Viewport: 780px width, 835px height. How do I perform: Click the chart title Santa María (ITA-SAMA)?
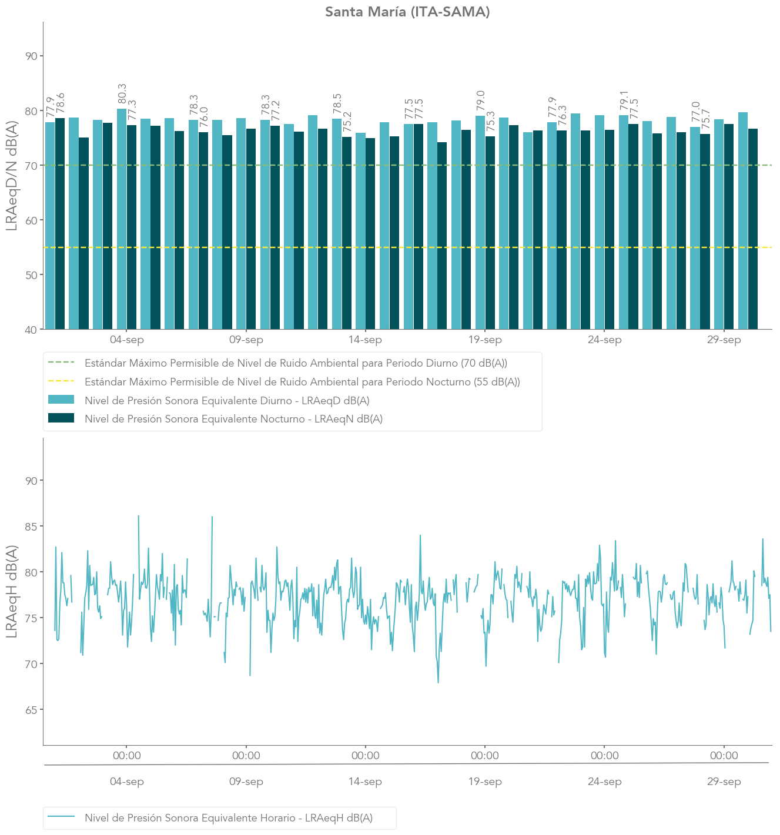[x=407, y=12]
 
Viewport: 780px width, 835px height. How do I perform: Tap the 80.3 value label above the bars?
[x=122, y=94]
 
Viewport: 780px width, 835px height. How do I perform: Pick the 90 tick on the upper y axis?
[x=31, y=56]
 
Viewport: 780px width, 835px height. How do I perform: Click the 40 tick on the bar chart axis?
[x=31, y=330]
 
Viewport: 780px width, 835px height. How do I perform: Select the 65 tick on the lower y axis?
[x=31, y=710]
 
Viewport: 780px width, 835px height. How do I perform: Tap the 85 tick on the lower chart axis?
[x=31, y=527]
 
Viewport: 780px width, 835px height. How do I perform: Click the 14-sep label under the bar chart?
[x=365, y=340]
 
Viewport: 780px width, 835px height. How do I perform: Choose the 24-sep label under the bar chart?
[x=604, y=340]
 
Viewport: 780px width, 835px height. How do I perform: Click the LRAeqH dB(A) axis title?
[x=12, y=591]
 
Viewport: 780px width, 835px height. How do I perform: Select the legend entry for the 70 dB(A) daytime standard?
[x=296, y=363]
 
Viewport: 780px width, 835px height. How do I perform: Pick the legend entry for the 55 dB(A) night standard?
[x=302, y=382]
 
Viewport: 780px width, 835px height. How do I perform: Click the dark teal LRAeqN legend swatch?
[x=61, y=418]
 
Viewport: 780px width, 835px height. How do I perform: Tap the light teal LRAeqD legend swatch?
[x=61, y=400]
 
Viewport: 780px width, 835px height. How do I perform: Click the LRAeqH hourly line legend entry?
[x=228, y=818]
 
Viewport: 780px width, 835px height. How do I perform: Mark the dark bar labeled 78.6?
[x=60, y=223]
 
